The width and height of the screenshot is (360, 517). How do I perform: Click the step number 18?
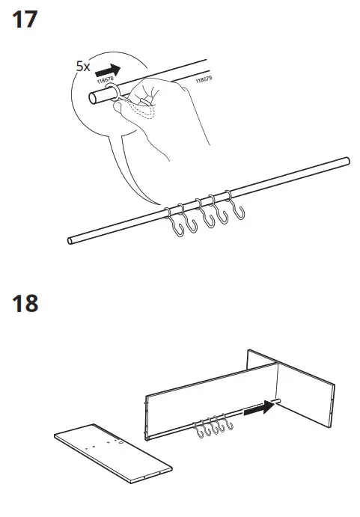pyautogui.click(x=25, y=305)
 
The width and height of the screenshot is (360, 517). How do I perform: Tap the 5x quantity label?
pyautogui.click(x=83, y=66)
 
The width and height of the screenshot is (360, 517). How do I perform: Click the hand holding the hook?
pyautogui.click(x=165, y=112)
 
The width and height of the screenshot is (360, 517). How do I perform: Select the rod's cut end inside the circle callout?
pyautogui.click(x=94, y=98)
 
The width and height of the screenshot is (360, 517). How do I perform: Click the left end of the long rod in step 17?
pyautogui.click(x=70, y=240)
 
